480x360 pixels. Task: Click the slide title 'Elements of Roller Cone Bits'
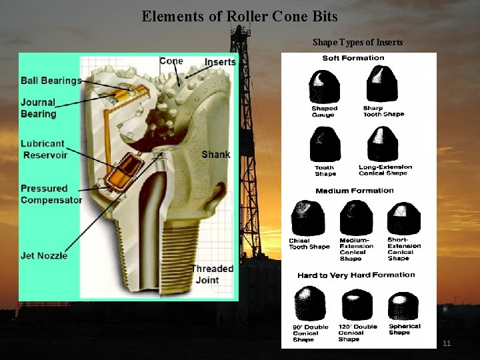coord(239,16)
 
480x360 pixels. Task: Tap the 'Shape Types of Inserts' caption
coord(357,43)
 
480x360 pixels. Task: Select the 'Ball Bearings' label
coord(51,81)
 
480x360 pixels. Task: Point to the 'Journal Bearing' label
coord(39,108)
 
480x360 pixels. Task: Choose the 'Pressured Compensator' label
coord(51,194)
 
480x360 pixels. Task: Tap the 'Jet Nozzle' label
coord(44,255)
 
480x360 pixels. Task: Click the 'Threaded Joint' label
coord(212,274)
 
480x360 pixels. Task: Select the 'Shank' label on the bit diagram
coord(215,154)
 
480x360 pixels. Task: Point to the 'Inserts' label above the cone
coord(220,62)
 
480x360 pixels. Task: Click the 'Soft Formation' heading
coord(353,58)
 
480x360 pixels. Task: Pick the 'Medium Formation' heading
coord(355,191)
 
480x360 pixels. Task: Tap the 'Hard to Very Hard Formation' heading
coord(356,275)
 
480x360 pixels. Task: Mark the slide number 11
coord(447,343)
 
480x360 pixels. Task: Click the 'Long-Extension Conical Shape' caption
coord(385,170)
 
